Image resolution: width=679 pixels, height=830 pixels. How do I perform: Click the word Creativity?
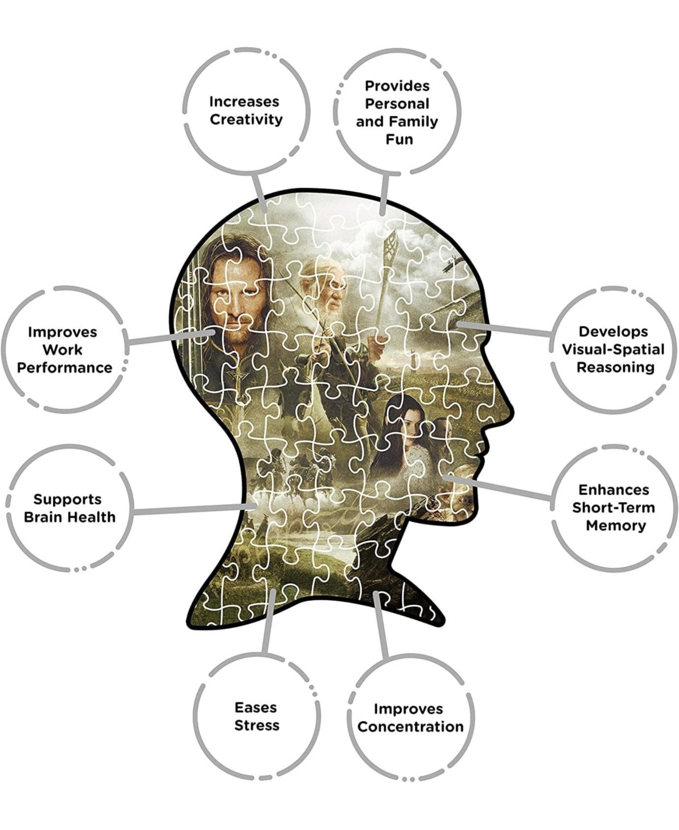click(x=246, y=119)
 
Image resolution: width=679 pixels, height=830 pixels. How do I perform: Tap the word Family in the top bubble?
click(x=418, y=122)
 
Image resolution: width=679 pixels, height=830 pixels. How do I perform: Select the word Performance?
click(x=65, y=367)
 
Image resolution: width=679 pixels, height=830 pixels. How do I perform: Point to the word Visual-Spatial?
click(x=613, y=349)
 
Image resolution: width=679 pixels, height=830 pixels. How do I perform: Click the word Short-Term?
click(x=613, y=507)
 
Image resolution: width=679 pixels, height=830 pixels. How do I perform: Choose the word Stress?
click(x=257, y=725)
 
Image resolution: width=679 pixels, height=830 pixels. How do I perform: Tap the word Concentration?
click(x=410, y=726)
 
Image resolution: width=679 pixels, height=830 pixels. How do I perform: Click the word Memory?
click(x=616, y=525)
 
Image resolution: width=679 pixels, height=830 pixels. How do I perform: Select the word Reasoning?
click(x=615, y=367)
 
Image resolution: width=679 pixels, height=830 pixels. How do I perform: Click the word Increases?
click(x=244, y=102)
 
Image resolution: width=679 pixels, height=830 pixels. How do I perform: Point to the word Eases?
click(x=256, y=707)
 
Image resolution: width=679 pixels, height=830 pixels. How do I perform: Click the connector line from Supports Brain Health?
click(x=192, y=510)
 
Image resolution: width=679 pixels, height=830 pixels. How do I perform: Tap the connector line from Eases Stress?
click(x=268, y=623)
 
